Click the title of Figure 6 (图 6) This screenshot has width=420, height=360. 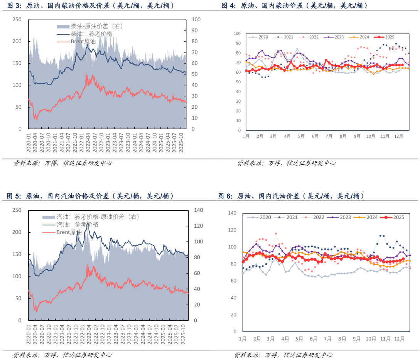pyautogui.click(x=291, y=196)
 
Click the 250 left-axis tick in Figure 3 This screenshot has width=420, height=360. pyautogui.click(x=17, y=19)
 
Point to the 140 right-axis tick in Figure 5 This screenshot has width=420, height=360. pyautogui.click(x=198, y=210)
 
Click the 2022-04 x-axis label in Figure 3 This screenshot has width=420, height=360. pyautogui.click(x=88, y=142)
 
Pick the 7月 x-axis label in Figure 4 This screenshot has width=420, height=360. pyautogui.click(x=329, y=136)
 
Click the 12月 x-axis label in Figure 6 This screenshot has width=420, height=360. pyautogui.click(x=400, y=339)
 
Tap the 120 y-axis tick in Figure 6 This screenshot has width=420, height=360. pyautogui.click(x=232, y=230)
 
